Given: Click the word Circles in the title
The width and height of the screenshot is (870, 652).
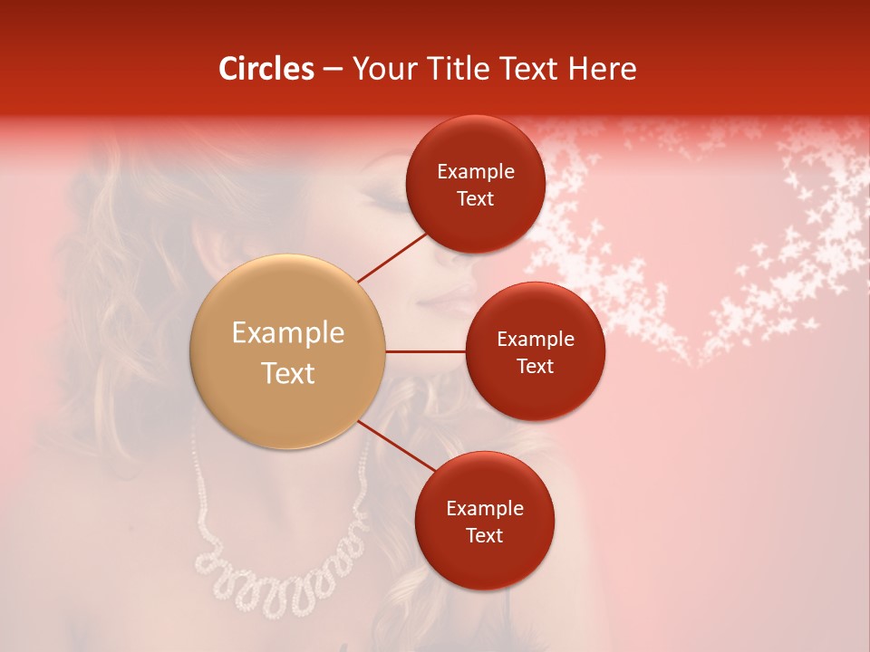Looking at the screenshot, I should click(266, 69).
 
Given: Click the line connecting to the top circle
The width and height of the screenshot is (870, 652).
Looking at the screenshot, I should click(393, 255).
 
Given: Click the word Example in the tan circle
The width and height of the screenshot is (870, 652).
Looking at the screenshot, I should click(287, 333).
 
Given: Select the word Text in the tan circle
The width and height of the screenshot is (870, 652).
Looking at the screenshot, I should click(287, 373).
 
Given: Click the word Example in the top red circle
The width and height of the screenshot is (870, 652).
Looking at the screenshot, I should click(475, 172).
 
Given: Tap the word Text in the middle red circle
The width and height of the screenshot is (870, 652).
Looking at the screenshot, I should click(535, 367).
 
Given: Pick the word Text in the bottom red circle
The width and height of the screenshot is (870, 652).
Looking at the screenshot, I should click(484, 536).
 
